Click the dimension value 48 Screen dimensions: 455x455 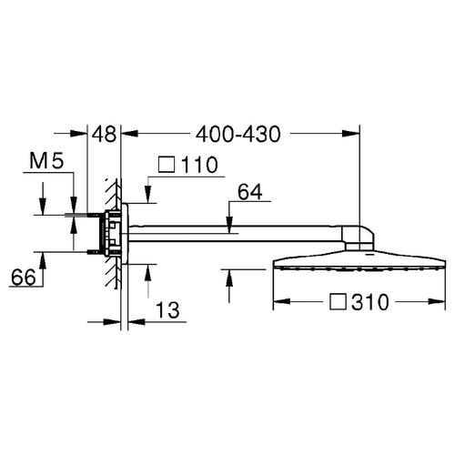pos(104,134)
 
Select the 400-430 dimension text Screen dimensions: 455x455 pos(238,134)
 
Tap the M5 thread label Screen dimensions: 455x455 pos(46,161)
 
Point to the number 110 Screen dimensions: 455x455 pos(199,165)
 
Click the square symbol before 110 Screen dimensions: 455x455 pos(167,165)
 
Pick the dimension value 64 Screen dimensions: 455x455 pos(250,192)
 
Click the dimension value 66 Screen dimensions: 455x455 pos(24,278)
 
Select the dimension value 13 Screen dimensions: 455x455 pos(167,310)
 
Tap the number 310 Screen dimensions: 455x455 pos(370,302)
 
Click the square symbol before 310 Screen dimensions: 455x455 pos(338,302)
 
